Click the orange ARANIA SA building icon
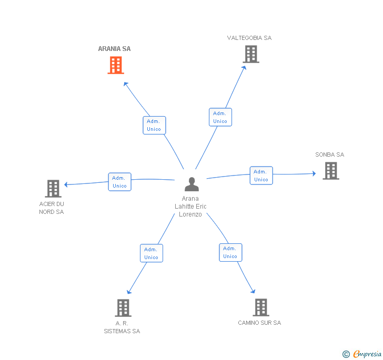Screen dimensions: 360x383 pos(116,65)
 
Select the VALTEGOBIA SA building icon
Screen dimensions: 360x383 pos(251,54)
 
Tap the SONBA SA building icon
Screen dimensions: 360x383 pos(330,171)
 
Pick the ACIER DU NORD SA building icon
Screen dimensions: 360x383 pos(53,188)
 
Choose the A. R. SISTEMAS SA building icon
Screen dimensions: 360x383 pos(123,308)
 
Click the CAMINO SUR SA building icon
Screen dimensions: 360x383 pos(260,307)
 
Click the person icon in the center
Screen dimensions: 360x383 pos(191,184)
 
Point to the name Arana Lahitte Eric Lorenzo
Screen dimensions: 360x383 pos(190,207)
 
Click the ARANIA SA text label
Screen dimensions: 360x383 pos(114,49)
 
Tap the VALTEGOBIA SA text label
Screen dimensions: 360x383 pos(249,38)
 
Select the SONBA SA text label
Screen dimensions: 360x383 pos(329,155)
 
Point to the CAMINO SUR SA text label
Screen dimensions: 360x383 pos(259,323)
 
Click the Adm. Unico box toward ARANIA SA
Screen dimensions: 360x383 pos(154,125)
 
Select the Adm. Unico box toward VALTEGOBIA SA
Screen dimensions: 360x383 pos(220,117)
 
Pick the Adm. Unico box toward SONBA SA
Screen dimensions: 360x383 pos(261,176)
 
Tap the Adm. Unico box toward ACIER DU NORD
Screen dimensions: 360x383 pos(119,182)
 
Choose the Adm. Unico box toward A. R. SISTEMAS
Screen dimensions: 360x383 pos(151,253)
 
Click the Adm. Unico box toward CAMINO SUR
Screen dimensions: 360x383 pos(230,252)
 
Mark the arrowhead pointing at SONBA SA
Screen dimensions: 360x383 pos(314,173)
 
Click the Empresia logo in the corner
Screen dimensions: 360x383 pos(362,354)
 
